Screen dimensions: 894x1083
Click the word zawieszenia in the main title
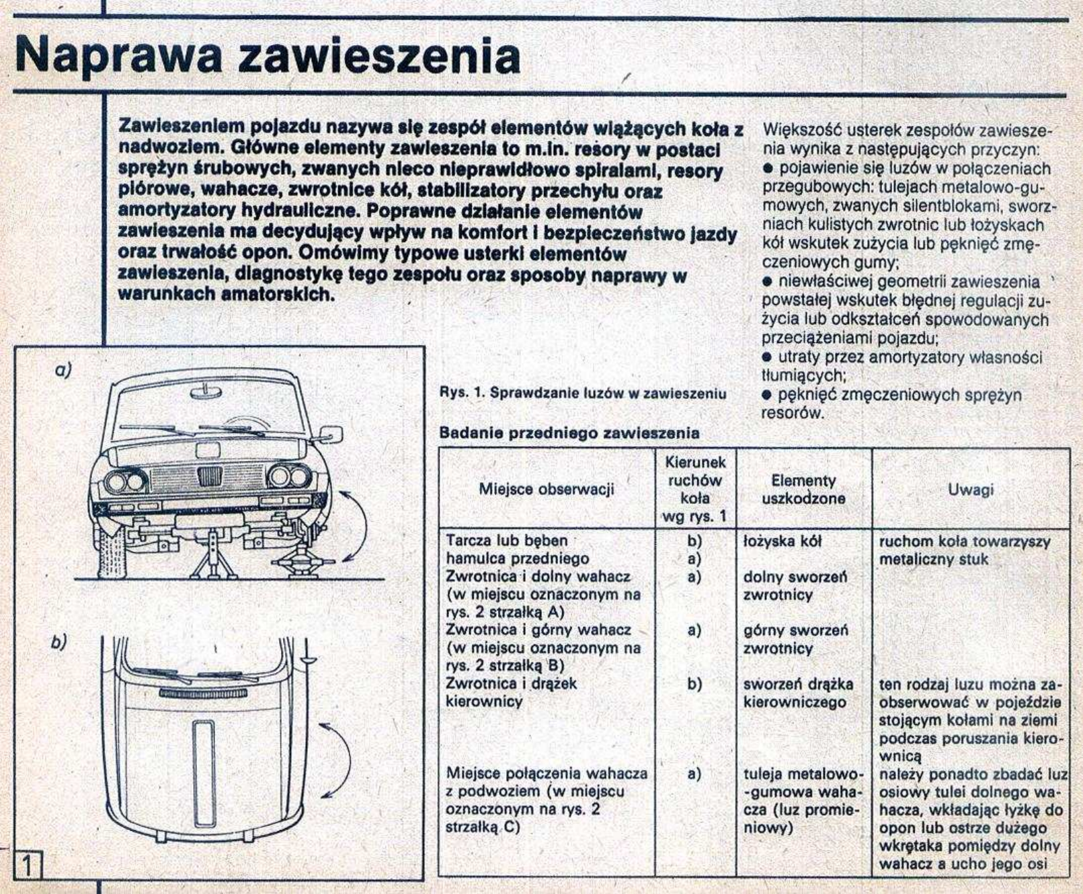[x=379, y=57]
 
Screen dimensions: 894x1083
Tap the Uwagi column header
[x=970, y=490]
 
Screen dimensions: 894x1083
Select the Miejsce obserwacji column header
[x=546, y=489]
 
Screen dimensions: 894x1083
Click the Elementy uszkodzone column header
[x=803, y=490]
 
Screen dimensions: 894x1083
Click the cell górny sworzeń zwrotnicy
[x=795, y=640]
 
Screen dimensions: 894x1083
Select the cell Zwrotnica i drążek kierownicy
[x=511, y=693]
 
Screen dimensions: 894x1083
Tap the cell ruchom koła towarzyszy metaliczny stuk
[x=965, y=550]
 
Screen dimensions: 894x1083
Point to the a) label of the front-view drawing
[x=63, y=369]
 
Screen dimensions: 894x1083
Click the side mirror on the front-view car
[x=331, y=434]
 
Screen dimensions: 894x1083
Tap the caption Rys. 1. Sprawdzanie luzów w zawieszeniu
[x=582, y=394]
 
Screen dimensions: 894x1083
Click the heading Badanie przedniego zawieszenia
[x=569, y=433]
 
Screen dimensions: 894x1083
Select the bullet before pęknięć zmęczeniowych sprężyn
[x=766, y=395]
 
